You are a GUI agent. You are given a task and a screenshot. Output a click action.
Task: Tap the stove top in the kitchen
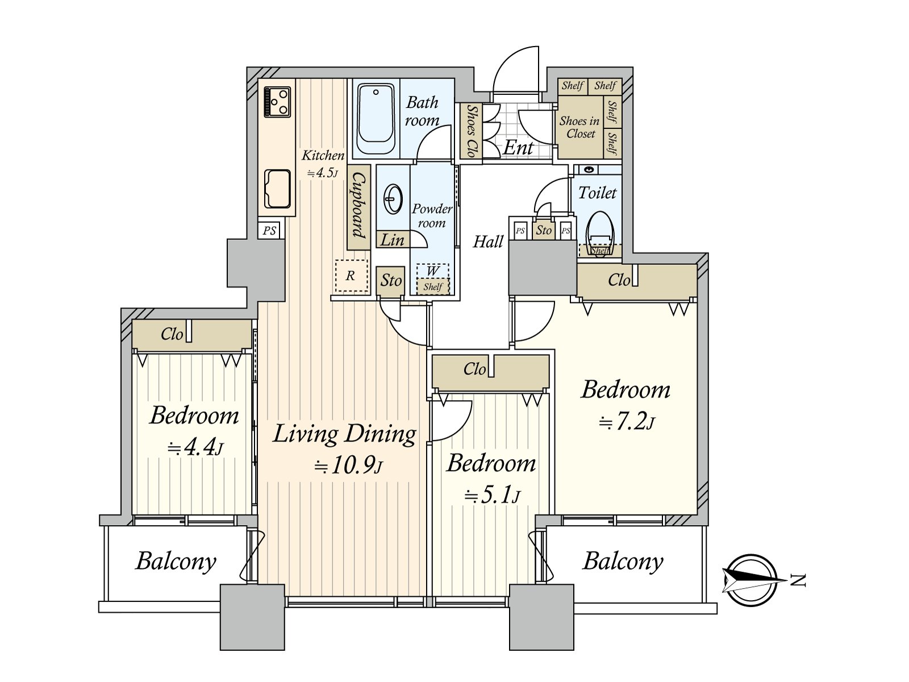(277, 102)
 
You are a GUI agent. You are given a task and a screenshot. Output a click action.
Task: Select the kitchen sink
(277, 189)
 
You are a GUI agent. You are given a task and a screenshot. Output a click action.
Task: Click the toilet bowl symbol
(599, 232)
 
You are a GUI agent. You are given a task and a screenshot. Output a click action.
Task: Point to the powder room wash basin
(393, 199)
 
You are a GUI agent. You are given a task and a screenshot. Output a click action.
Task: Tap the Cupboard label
(358, 205)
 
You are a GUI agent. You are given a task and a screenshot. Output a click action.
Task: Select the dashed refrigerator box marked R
(352, 276)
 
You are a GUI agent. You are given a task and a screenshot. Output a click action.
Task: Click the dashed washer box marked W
(433, 279)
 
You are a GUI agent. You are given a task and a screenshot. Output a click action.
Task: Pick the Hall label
(488, 242)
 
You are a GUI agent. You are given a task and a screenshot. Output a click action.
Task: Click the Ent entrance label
(518, 147)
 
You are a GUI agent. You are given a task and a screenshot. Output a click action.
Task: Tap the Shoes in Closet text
(580, 127)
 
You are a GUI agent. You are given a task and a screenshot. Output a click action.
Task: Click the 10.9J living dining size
(348, 466)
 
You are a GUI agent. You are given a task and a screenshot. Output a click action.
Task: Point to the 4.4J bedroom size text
(195, 448)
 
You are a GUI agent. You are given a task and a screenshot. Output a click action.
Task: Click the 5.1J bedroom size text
(492, 495)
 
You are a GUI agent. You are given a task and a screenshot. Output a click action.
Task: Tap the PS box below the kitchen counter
(269, 230)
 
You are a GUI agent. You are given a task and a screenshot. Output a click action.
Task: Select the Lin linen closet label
(392, 240)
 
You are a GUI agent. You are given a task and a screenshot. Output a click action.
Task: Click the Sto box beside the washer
(390, 281)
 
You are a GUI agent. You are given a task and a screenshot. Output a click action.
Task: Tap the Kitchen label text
(323, 156)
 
